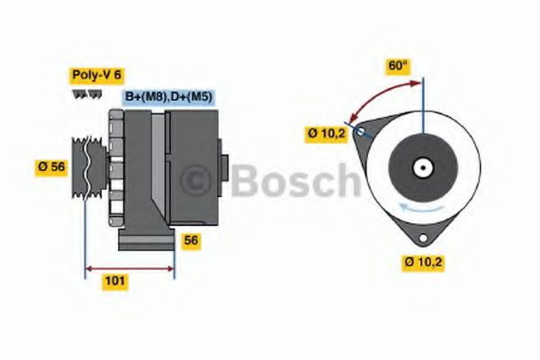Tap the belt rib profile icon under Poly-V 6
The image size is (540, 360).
83,93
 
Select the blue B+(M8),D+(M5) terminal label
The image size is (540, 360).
168,96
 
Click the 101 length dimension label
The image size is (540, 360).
115,281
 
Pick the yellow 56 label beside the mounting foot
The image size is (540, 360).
191,240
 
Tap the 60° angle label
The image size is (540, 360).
398,66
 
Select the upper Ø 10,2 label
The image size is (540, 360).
327,134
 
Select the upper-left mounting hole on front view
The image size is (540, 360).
361,132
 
